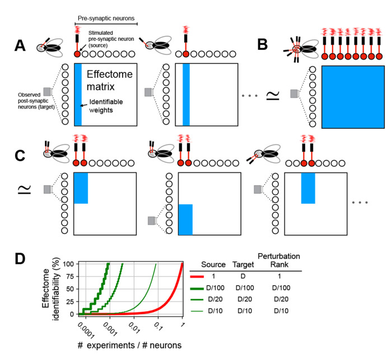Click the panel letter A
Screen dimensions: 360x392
click(20, 45)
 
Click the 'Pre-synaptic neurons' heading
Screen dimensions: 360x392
click(106, 18)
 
